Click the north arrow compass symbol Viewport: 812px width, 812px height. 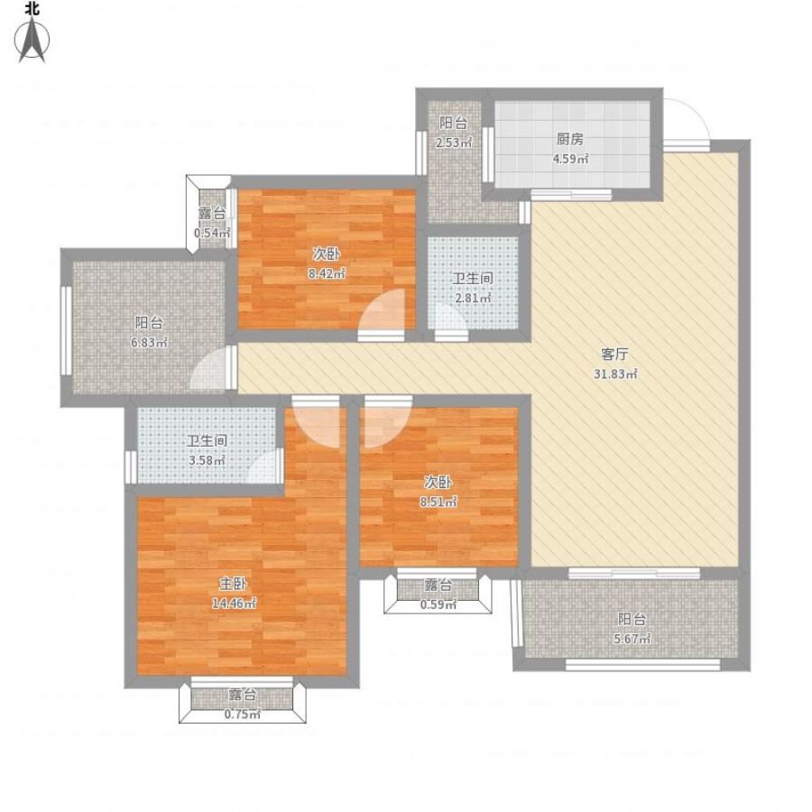(x=32, y=39)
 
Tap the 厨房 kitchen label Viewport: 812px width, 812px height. (x=570, y=139)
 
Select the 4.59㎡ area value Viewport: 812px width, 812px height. (x=570, y=159)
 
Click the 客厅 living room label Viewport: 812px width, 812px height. (x=614, y=355)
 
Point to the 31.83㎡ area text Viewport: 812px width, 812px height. (x=615, y=374)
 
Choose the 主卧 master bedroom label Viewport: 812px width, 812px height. (x=233, y=584)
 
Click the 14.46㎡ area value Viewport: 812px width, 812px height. (x=234, y=604)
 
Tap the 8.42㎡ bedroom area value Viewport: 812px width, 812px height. (x=327, y=274)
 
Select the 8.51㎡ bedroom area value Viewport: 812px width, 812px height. (x=438, y=502)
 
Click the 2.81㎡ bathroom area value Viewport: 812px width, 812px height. (x=472, y=299)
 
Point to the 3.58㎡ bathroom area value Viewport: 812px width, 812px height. (x=207, y=460)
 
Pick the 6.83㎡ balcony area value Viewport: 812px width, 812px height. (x=149, y=343)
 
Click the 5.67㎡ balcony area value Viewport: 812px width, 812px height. (x=632, y=639)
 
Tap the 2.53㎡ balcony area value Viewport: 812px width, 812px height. (x=454, y=143)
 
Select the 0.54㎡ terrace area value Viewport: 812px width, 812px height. (x=212, y=233)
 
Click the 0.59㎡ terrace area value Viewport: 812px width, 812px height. (x=438, y=604)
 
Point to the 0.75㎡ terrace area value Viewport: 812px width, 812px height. (x=243, y=715)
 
